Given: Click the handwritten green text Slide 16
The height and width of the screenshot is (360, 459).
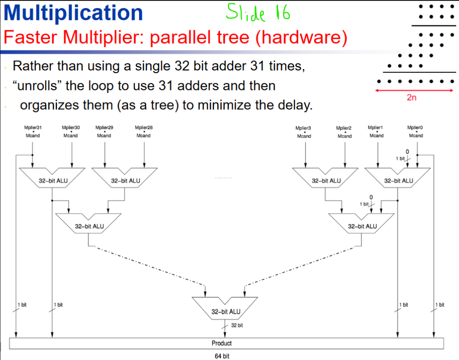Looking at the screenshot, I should pos(258,13).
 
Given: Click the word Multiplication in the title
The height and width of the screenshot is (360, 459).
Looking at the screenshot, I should pos(73,13).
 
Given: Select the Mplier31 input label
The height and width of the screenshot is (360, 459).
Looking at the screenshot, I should pos(33,128).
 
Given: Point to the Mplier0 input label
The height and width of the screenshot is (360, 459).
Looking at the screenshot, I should pos(416,128).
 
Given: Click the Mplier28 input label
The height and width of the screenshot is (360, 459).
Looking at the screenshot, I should pos(144,128).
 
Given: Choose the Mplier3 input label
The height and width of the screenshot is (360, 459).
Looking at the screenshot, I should pos(304,129).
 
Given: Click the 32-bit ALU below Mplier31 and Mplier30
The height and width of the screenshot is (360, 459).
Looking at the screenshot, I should pos(53,180).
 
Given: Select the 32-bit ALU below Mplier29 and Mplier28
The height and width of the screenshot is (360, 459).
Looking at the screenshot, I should pos(125,180).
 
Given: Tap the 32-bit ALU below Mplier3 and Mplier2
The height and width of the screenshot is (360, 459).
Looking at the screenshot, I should pos(326,180).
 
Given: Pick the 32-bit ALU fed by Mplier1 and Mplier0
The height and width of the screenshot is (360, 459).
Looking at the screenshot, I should pos(398,180).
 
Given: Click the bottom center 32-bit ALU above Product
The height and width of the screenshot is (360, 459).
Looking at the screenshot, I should pos(225,311).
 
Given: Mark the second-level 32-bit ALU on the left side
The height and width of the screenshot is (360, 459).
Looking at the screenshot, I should pos(89,226).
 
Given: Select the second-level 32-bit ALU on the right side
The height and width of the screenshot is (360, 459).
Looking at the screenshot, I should pos(362,226).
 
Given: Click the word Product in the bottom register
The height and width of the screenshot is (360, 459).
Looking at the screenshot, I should pos(221,343).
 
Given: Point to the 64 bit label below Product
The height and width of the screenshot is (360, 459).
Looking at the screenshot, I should pos(221,356).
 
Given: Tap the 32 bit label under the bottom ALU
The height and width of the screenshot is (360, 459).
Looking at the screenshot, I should pos(237,325).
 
